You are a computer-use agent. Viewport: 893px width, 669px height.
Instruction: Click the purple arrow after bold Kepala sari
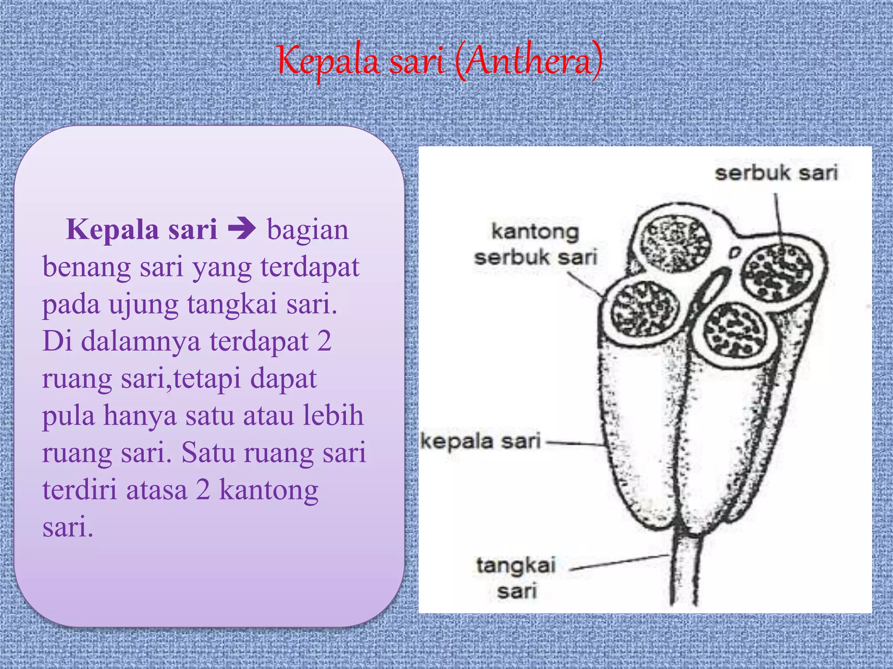click(x=242, y=229)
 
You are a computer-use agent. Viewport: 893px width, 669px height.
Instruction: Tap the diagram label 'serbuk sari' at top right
click(x=776, y=173)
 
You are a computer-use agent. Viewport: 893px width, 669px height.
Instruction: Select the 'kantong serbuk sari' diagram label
click(x=535, y=244)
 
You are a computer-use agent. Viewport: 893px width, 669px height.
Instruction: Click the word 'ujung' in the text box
click(x=143, y=304)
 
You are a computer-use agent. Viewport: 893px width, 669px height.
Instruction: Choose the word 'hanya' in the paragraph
click(x=140, y=416)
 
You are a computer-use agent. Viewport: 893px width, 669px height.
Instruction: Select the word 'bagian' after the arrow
click(x=308, y=230)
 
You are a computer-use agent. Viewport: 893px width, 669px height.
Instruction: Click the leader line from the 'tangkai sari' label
click(x=619, y=562)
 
